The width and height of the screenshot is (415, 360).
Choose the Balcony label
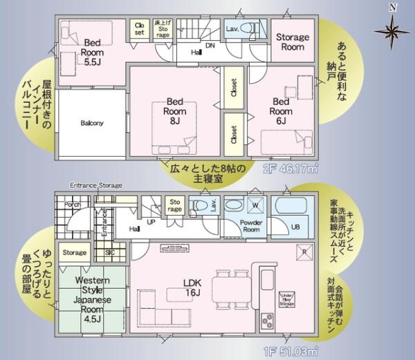[x=91, y=124]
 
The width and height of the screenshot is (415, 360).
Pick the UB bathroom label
[x=295, y=227]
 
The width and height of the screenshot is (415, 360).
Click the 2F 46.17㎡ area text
[x=290, y=168]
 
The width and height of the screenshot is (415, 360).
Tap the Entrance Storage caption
[x=95, y=185]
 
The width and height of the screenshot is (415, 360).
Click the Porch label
[x=71, y=205]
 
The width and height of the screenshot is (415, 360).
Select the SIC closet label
[x=110, y=253]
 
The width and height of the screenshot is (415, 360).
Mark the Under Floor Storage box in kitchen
[x=287, y=298]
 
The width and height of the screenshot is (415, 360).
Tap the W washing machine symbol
[x=255, y=205]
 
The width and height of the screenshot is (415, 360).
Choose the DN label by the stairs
[x=210, y=46]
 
